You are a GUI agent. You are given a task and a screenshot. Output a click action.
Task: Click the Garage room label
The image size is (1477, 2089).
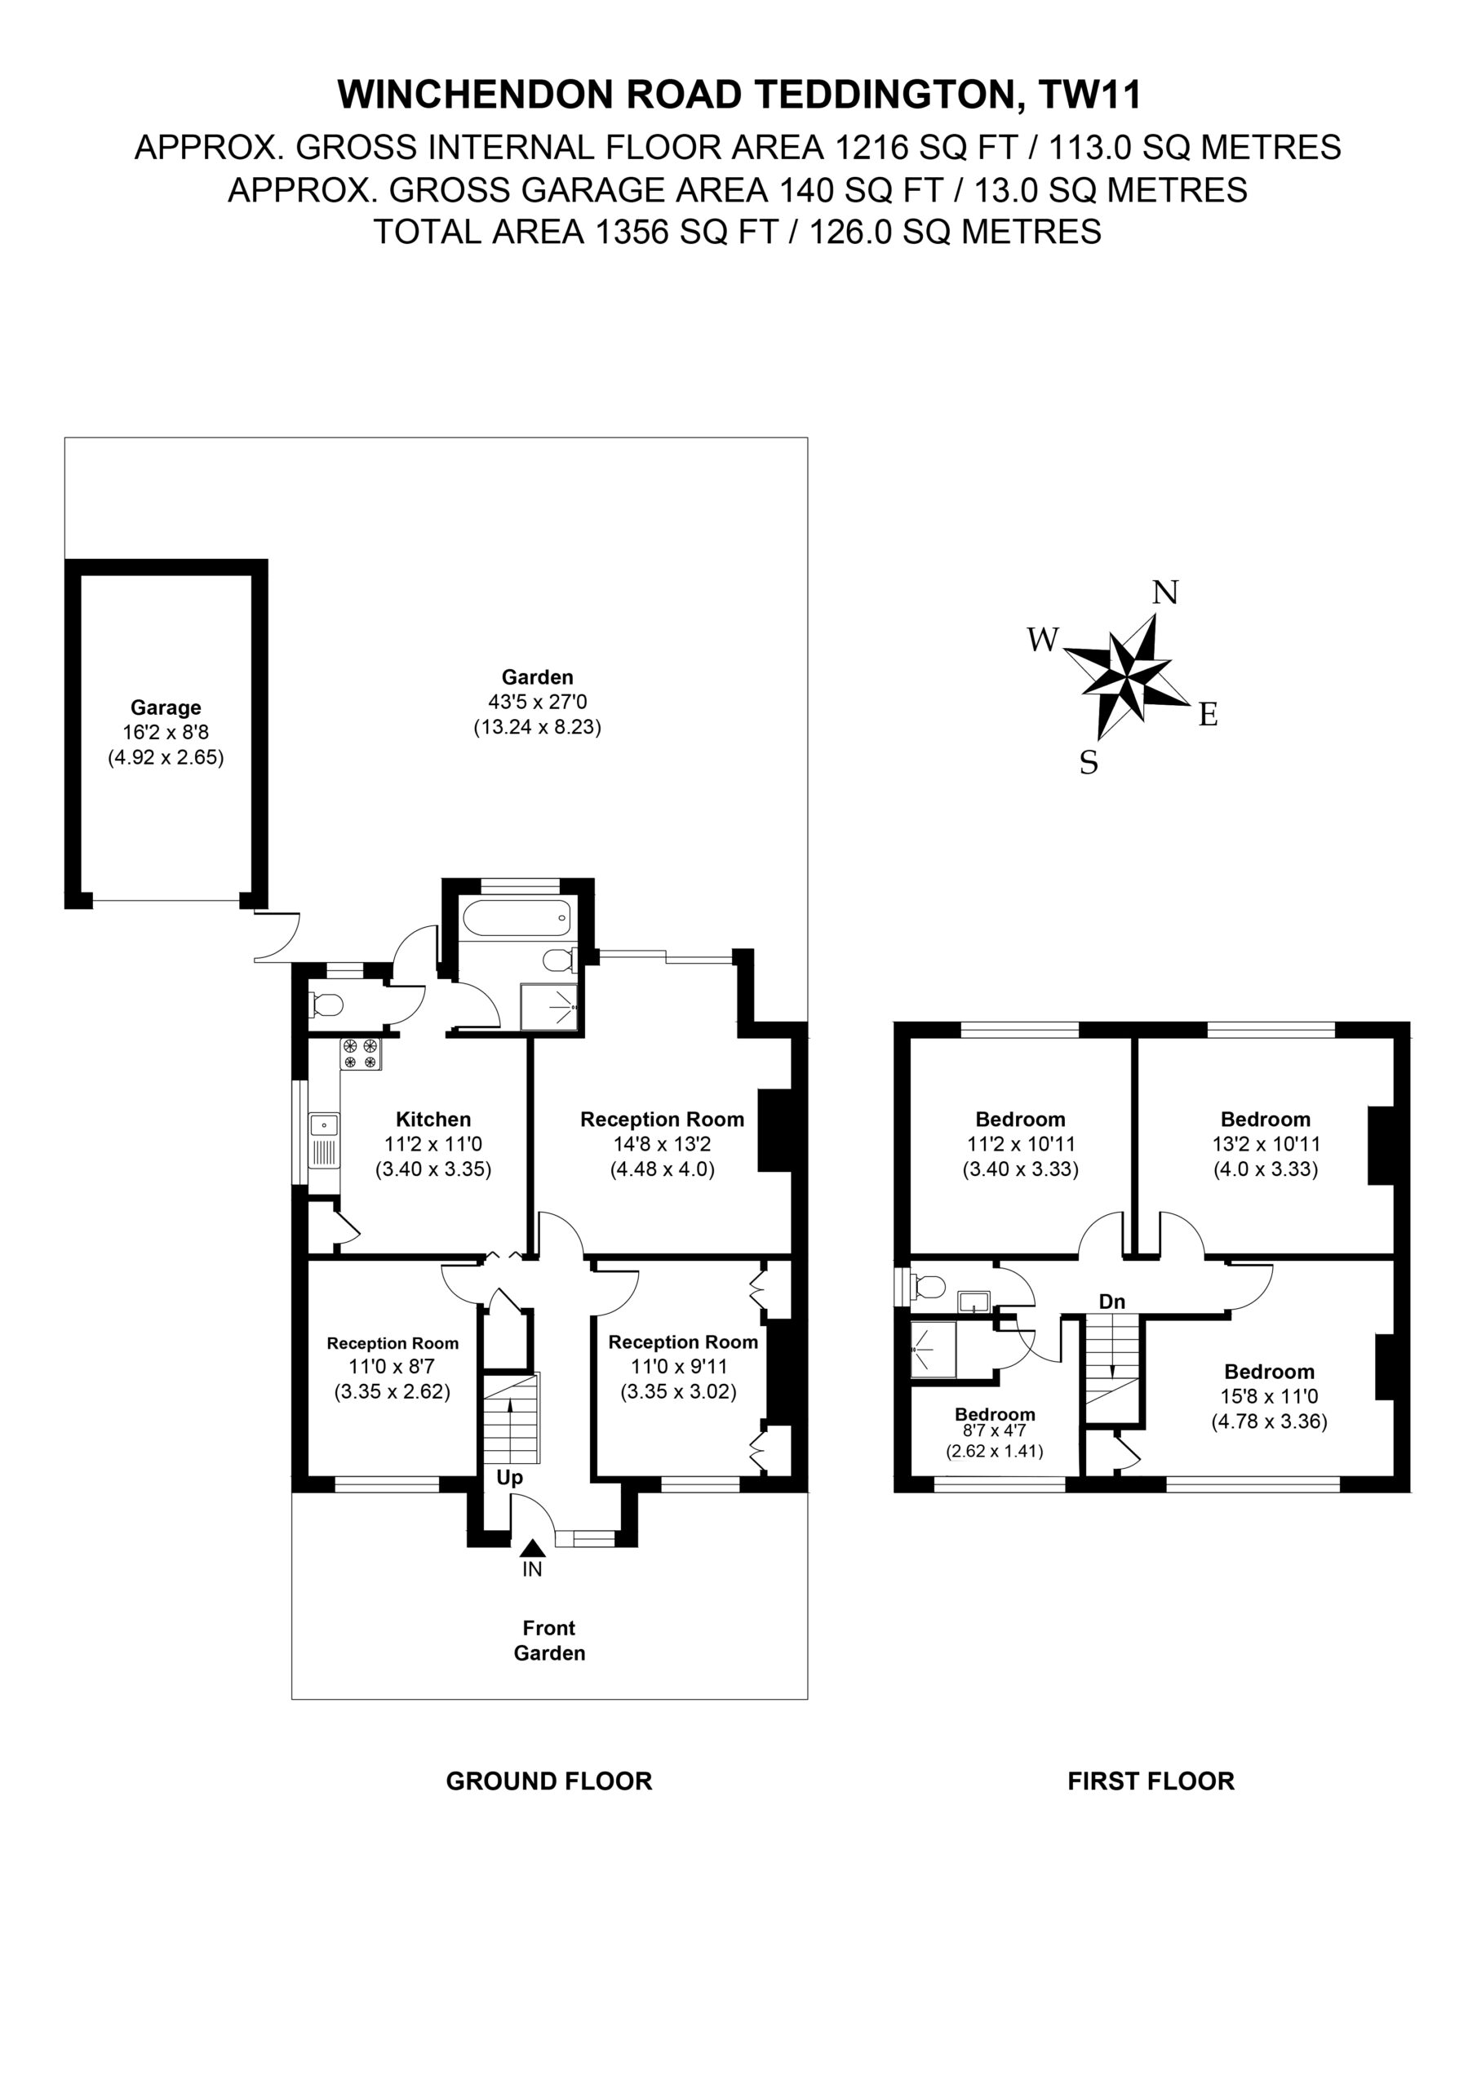pos(166,707)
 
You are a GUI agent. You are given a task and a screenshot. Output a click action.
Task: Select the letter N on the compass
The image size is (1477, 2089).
pos(1164,592)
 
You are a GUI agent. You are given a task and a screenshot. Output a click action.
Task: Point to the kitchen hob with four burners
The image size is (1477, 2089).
pos(361,1053)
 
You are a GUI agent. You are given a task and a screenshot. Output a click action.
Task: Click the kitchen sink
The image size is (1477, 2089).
pos(324,1140)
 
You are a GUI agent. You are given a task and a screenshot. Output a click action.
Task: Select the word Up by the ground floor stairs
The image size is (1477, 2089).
pos(510,1478)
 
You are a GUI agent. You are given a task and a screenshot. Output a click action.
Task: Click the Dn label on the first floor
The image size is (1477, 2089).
pos(1112,1302)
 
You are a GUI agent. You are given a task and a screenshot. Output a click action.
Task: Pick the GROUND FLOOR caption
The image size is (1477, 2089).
pos(548,1781)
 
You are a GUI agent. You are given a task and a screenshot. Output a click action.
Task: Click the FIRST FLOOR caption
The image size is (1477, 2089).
pos(1151,1781)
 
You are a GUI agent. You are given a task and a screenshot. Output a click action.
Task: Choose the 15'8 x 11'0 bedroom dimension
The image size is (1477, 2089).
pos(1269,1395)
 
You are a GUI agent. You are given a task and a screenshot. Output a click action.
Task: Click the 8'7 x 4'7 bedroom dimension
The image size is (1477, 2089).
pos(995,1430)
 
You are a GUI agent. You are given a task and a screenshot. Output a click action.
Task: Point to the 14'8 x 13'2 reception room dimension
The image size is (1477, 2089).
pos(663,1144)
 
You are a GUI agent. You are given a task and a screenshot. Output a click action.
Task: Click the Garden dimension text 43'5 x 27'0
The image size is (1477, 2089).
pos(538,703)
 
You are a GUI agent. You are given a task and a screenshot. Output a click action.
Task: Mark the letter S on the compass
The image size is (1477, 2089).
pos(1089,761)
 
